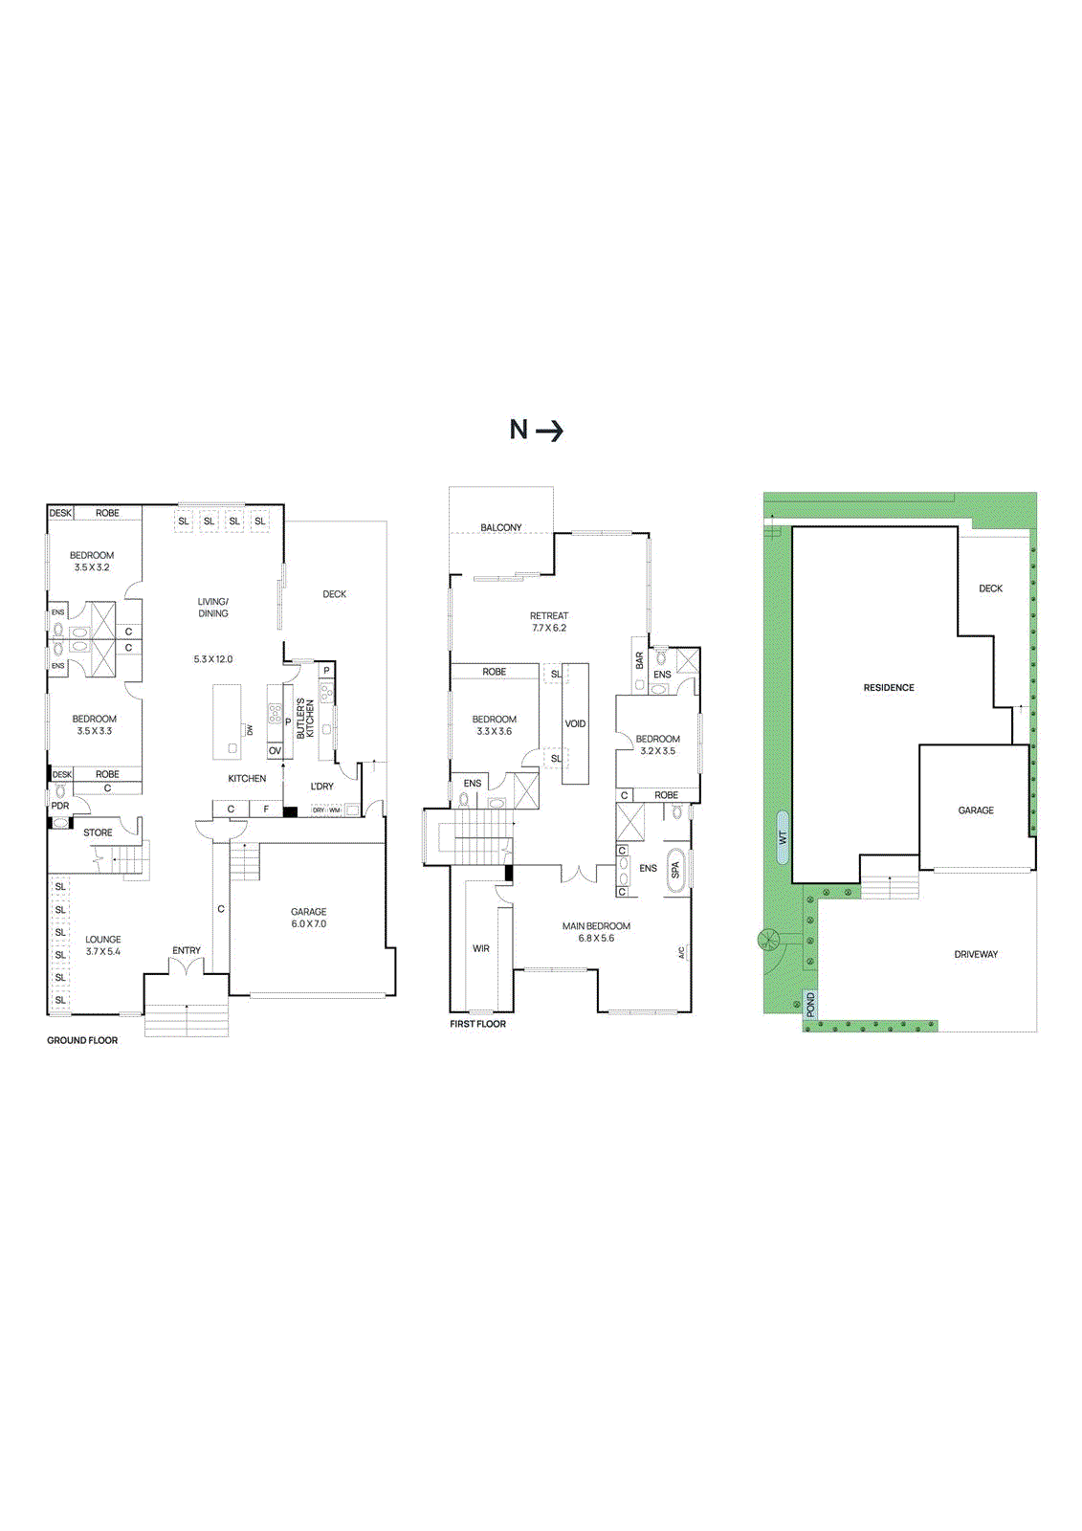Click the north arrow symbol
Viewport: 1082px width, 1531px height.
pyautogui.click(x=549, y=432)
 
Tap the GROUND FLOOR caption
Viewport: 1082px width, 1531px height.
pyautogui.click(x=82, y=1040)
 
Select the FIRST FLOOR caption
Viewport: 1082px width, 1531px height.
pyautogui.click(x=477, y=1024)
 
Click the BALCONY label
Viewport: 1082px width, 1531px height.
pyautogui.click(x=501, y=527)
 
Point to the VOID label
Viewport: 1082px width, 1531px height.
pyautogui.click(x=575, y=723)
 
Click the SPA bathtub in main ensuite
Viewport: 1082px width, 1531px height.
pyautogui.click(x=674, y=870)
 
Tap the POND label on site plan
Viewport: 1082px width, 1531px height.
pyautogui.click(x=810, y=1004)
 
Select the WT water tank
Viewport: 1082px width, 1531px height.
pyautogui.click(x=783, y=837)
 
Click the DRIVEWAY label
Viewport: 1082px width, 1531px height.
pyautogui.click(x=975, y=954)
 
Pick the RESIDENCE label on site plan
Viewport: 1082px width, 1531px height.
pyautogui.click(x=889, y=687)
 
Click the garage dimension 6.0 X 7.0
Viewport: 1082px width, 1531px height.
pyautogui.click(x=309, y=924)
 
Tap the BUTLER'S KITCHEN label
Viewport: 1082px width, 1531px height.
pyautogui.click(x=305, y=718)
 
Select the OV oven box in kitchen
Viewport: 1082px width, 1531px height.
pyautogui.click(x=275, y=751)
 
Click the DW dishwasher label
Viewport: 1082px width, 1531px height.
pyautogui.click(x=251, y=730)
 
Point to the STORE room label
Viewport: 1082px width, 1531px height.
pyautogui.click(x=98, y=832)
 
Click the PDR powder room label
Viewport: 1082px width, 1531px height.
pyautogui.click(x=60, y=806)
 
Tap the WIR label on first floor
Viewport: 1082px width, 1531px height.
pyautogui.click(x=480, y=948)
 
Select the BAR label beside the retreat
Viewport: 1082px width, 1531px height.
pyautogui.click(x=640, y=660)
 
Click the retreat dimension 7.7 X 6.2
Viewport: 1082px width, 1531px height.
pyautogui.click(x=549, y=628)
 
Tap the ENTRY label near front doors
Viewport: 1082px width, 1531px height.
pyautogui.click(x=187, y=950)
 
